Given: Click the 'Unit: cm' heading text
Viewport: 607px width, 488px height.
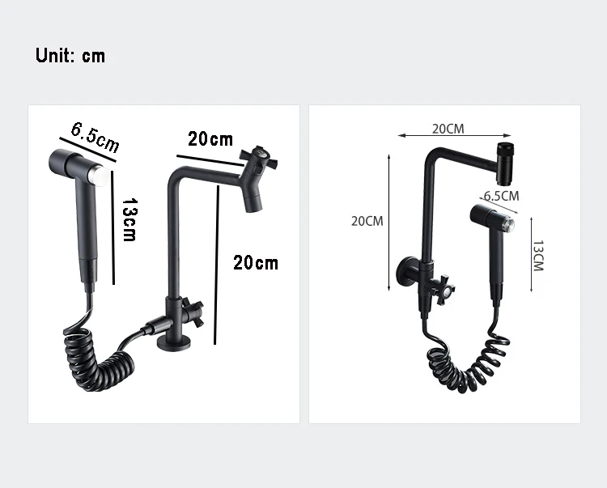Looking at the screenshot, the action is (70, 55).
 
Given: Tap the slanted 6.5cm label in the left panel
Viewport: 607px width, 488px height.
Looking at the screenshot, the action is (96, 137).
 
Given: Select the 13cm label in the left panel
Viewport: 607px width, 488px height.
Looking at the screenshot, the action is (129, 220).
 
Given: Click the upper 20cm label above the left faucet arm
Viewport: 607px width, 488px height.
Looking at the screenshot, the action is (210, 139).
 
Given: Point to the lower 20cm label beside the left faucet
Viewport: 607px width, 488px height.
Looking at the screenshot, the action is (256, 263).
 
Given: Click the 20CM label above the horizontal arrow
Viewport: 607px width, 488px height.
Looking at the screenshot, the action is (448, 129).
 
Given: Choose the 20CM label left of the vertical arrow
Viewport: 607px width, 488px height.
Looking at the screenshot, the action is (367, 221).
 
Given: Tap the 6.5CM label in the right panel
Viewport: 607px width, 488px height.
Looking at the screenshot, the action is (501, 196).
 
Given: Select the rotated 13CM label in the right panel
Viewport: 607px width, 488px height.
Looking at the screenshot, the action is (538, 256).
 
